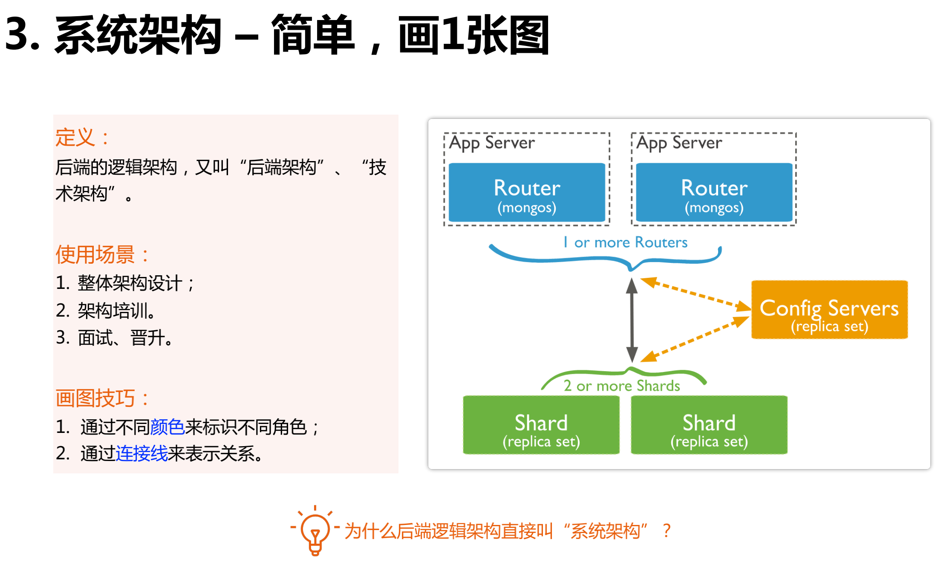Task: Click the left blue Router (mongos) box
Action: (x=527, y=193)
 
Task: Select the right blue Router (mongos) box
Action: (x=714, y=193)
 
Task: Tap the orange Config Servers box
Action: (x=829, y=310)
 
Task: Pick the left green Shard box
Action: (x=541, y=425)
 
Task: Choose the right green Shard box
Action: (x=709, y=425)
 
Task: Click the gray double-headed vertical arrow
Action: (x=632, y=320)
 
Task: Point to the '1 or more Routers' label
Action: (x=625, y=242)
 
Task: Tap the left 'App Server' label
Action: (x=492, y=143)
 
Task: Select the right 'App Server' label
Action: (x=679, y=143)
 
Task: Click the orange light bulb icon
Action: (x=315, y=531)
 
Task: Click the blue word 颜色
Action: (x=167, y=427)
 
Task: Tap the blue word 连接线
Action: (x=141, y=453)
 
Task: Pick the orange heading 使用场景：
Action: (x=102, y=255)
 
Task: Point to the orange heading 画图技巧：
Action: (x=102, y=398)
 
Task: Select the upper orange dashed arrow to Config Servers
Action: (x=695, y=293)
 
